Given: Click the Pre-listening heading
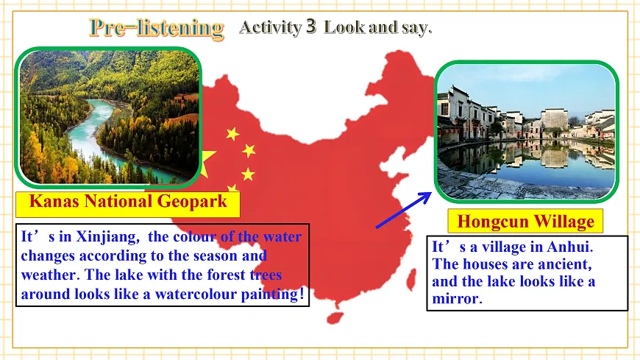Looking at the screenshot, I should (156, 28).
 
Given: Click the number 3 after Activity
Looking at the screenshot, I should (310, 27).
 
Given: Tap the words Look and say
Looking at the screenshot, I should (377, 28).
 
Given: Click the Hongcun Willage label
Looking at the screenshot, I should (525, 221).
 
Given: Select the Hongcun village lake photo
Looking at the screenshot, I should (526, 132).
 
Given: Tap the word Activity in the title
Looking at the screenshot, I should (270, 28).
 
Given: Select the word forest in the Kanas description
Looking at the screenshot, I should (202, 275).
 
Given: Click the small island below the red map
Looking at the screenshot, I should (334, 318).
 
